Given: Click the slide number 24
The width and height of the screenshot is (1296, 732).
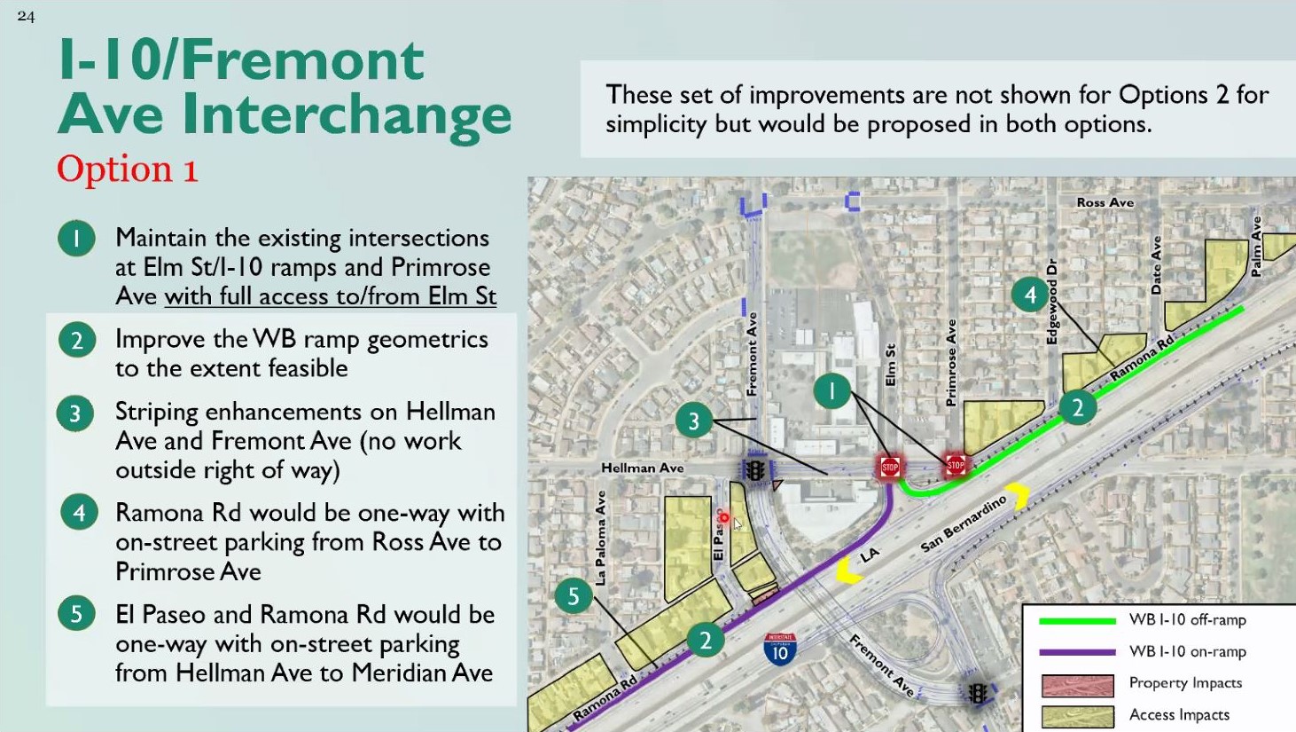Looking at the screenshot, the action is coord(26,16).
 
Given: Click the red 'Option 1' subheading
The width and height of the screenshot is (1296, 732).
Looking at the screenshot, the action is coord(128,169).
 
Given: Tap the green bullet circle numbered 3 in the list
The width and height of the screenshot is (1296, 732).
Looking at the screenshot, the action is coord(75,413).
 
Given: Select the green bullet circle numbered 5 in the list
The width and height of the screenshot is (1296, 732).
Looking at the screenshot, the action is coord(76,613).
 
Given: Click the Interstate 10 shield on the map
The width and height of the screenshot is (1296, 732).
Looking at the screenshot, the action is coord(779,649).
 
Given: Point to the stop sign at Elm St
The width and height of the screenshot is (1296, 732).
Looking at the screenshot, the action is coord(890,467).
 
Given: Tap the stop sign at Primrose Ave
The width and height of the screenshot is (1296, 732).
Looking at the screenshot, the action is coord(956,465).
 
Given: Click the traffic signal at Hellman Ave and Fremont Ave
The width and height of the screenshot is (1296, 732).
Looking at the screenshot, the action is coord(755,470).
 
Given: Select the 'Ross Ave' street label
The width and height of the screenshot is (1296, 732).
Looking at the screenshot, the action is coord(1105,202).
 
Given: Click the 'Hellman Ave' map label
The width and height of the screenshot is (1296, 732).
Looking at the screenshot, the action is coord(642,468).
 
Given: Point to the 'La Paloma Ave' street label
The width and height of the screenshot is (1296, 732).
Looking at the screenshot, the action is coord(600,538).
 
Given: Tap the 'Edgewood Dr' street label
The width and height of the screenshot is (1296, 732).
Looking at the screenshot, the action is coord(1052,302).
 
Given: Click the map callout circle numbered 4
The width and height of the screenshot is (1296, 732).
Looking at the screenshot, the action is coord(1030,295).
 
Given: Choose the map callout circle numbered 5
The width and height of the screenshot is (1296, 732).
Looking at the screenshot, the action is coord(574,596).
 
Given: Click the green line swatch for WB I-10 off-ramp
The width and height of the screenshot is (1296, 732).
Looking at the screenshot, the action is coord(1077,621).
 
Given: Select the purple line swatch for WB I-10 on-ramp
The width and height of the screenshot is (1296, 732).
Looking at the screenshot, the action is coord(1077,652).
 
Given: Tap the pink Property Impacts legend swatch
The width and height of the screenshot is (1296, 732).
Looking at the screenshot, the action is coord(1077,685).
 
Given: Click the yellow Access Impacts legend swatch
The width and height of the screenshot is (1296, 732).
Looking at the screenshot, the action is coord(1077,716).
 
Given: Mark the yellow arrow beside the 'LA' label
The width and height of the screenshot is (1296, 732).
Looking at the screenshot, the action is coord(846,571).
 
